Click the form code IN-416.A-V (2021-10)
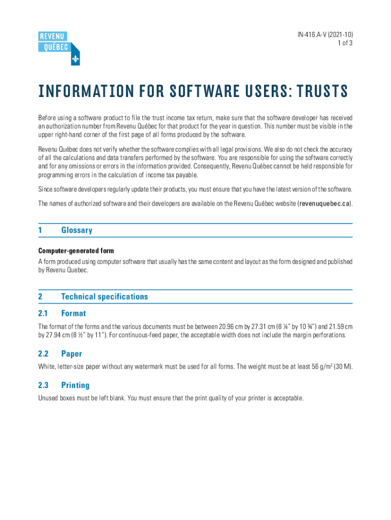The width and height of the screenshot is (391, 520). click(325, 35)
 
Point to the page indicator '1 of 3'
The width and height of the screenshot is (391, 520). click(344, 43)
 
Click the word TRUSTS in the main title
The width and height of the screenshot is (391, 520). click(319, 92)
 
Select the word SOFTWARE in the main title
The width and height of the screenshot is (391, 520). click(203, 92)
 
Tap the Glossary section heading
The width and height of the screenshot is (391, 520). click(77, 230)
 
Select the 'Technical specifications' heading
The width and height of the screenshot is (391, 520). click(104, 297)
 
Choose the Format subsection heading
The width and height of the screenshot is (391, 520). click(74, 313)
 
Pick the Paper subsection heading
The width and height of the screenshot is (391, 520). click(72, 353)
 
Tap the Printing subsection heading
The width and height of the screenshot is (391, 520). click(75, 385)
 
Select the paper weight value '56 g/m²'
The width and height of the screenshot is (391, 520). click(320, 367)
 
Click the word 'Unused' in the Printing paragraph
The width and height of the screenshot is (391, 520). click(49, 398)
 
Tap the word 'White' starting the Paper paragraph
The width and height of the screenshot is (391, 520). click(47, 367)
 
